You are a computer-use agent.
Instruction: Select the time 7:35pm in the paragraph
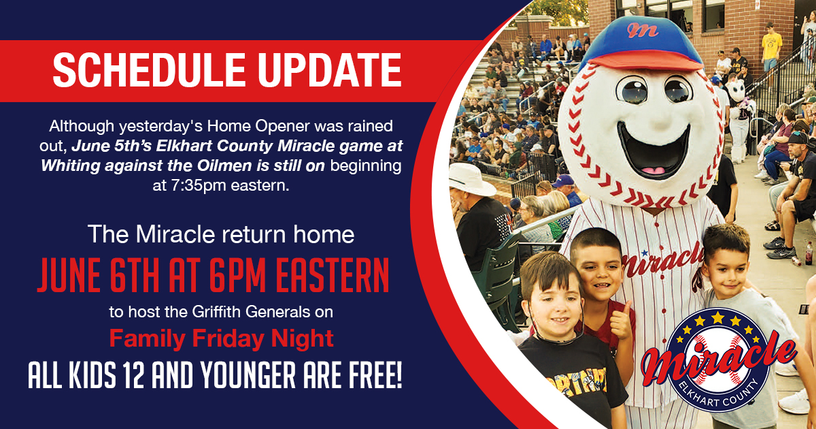[191, 186]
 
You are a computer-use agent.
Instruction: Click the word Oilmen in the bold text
[224, 166]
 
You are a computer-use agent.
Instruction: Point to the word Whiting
[70, 166]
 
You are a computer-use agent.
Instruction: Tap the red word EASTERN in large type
[333, 275]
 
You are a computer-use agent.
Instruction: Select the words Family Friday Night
[222, 339]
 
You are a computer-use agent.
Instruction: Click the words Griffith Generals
[252, 312]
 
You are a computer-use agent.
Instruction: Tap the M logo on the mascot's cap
[643, 30]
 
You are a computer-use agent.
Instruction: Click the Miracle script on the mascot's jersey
[662, 259]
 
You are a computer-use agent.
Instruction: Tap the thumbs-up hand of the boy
[622, 320]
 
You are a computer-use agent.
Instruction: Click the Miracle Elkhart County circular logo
[718, 360]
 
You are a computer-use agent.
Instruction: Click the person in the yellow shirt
[771, 46]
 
